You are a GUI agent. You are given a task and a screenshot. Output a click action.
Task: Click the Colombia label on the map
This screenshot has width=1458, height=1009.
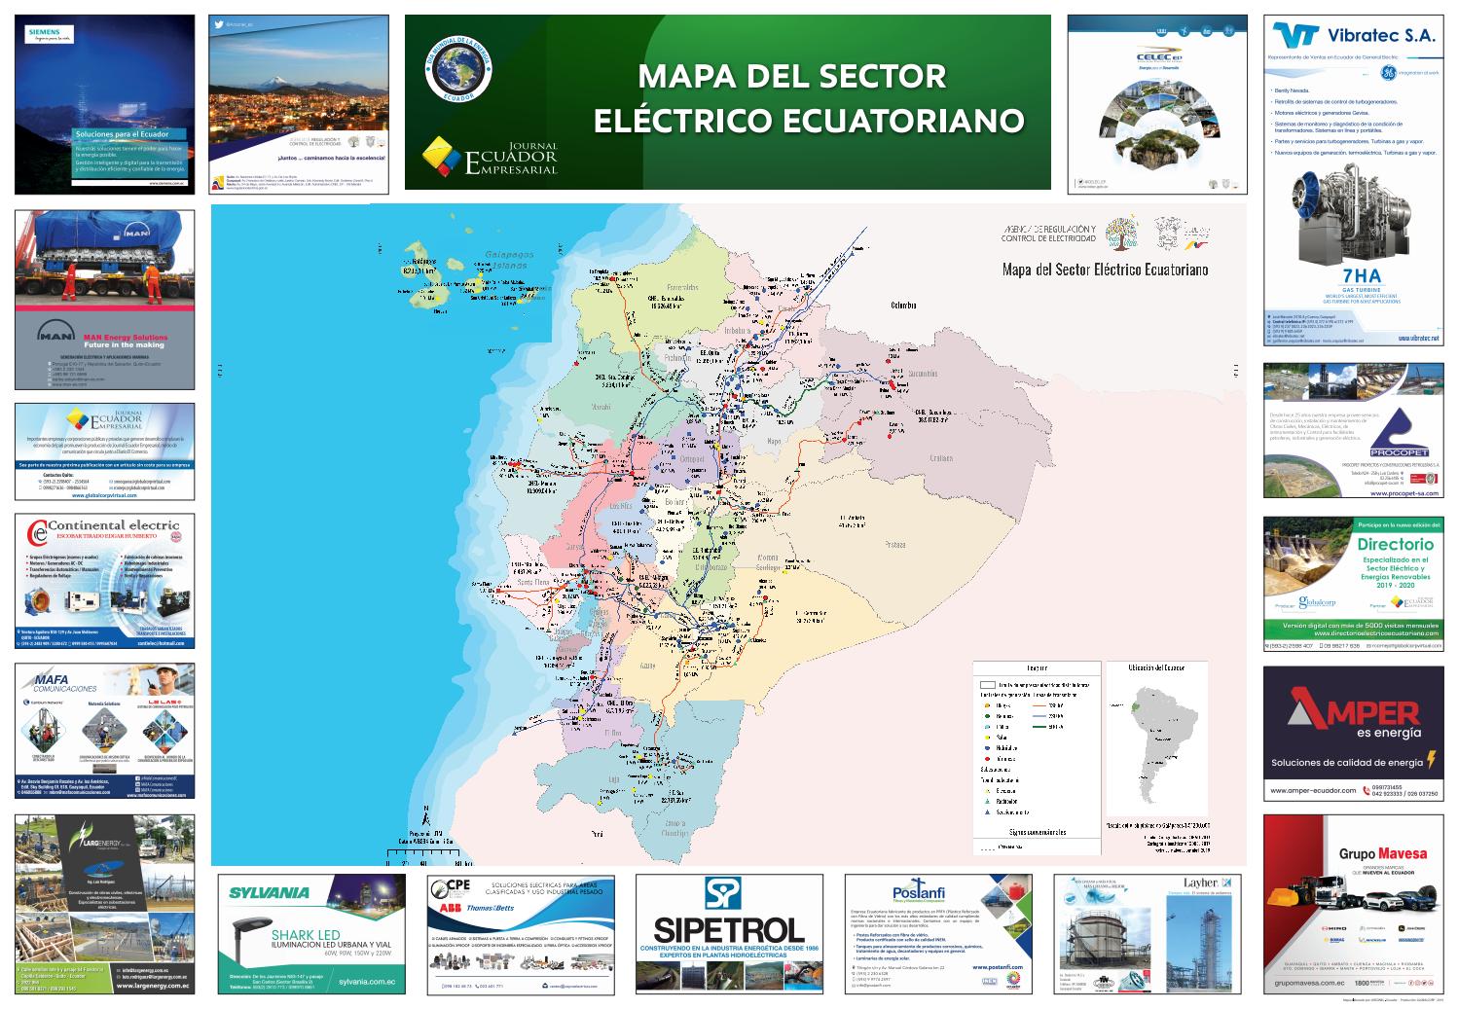[x=903, y=306]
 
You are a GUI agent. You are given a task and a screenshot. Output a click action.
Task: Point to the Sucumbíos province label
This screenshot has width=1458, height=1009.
[x=916, y=374]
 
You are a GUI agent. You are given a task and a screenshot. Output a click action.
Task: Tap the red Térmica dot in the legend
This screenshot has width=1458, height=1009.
[x=986, y=758]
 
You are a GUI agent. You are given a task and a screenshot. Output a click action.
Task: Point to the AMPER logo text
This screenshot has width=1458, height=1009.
[x=1354, y=711]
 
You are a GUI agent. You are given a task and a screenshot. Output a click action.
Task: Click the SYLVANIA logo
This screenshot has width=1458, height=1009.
[x=269, y=891]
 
